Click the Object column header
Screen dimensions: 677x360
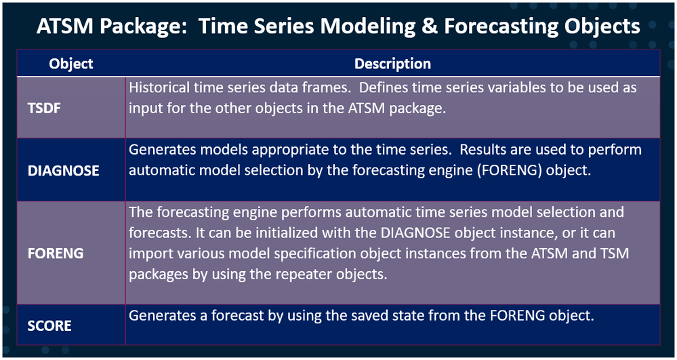click(x=70, y=64)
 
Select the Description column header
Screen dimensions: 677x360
click(x=392, y=64)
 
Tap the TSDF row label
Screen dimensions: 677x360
click(x=44, y=108)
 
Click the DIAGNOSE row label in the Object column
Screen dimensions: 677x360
click(x=64, y=171)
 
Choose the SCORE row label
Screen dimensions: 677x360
click(x=49, y=326)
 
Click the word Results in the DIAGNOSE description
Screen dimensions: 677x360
click(x=486, y=150)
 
